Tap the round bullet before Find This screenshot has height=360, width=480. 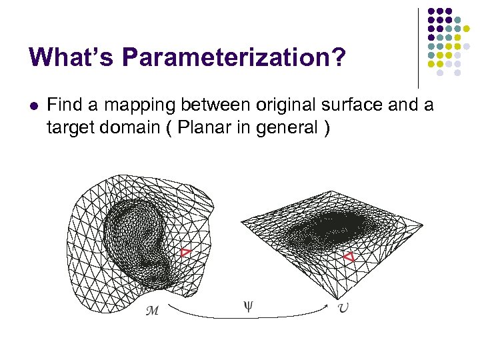click(x=35, y=105)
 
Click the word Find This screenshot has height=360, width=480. click(x=63, y=105)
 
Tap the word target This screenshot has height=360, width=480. click(x=69, y=128)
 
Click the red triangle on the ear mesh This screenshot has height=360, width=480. click(x=185, y=252)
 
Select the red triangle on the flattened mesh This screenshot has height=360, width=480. click(x=347, y=257)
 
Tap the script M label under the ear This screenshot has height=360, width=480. click(x=152, y=311)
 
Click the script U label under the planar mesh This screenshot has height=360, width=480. click(x=342, y=309)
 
